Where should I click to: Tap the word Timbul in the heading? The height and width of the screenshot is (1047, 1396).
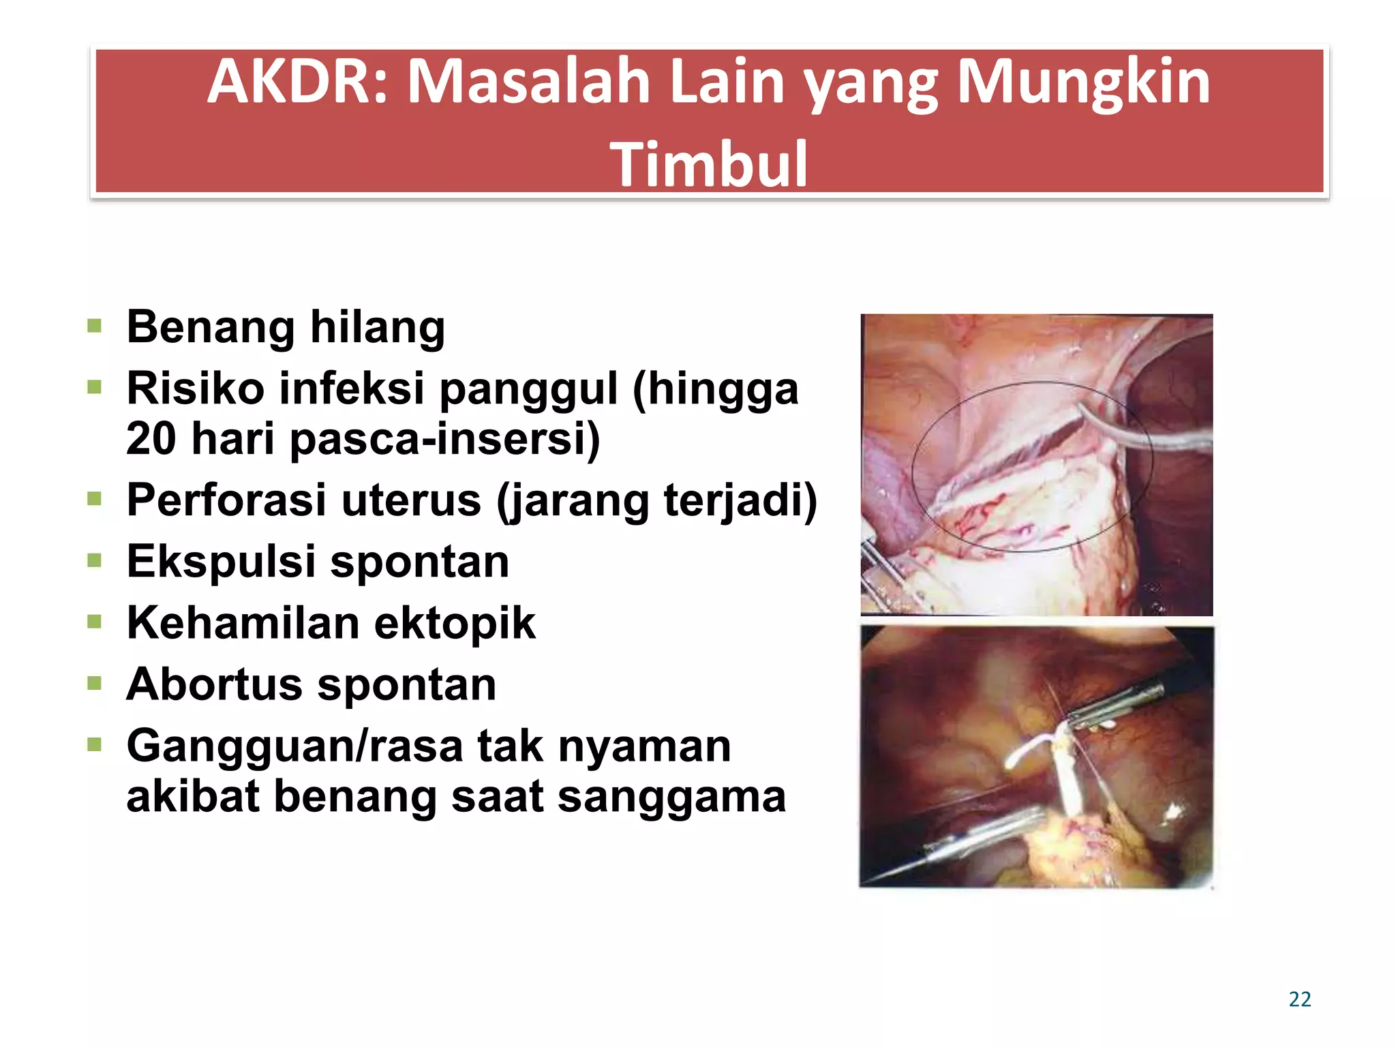[709, 164]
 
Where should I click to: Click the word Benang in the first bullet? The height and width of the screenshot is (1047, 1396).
[211, 327]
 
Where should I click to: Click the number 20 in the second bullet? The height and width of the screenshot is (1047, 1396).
[151, 438]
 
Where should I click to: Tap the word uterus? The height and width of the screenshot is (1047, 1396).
[411, 500]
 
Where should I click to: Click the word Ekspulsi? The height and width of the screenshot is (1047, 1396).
[220, 562]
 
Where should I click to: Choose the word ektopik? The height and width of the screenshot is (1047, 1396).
[455, 623]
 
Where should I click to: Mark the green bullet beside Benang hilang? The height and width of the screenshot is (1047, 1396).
[94, 326]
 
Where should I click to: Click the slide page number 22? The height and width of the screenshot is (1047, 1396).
[1299, 999]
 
